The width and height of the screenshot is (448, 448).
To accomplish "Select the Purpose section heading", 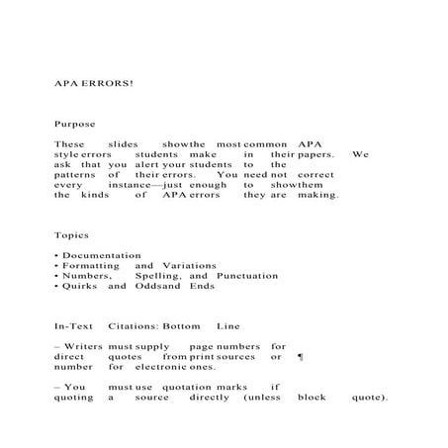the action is click(74, 125).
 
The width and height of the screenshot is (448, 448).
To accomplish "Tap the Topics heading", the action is click(71, 235).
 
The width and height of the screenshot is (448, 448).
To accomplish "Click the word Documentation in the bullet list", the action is click(101, 255).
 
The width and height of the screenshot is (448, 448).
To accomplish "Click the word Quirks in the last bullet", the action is click(79, 286).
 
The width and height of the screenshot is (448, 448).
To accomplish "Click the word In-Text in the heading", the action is click(72, 326).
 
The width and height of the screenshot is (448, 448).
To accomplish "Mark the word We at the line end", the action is click(360, 154).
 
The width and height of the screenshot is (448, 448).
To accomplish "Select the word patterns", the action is click(73, 174).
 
